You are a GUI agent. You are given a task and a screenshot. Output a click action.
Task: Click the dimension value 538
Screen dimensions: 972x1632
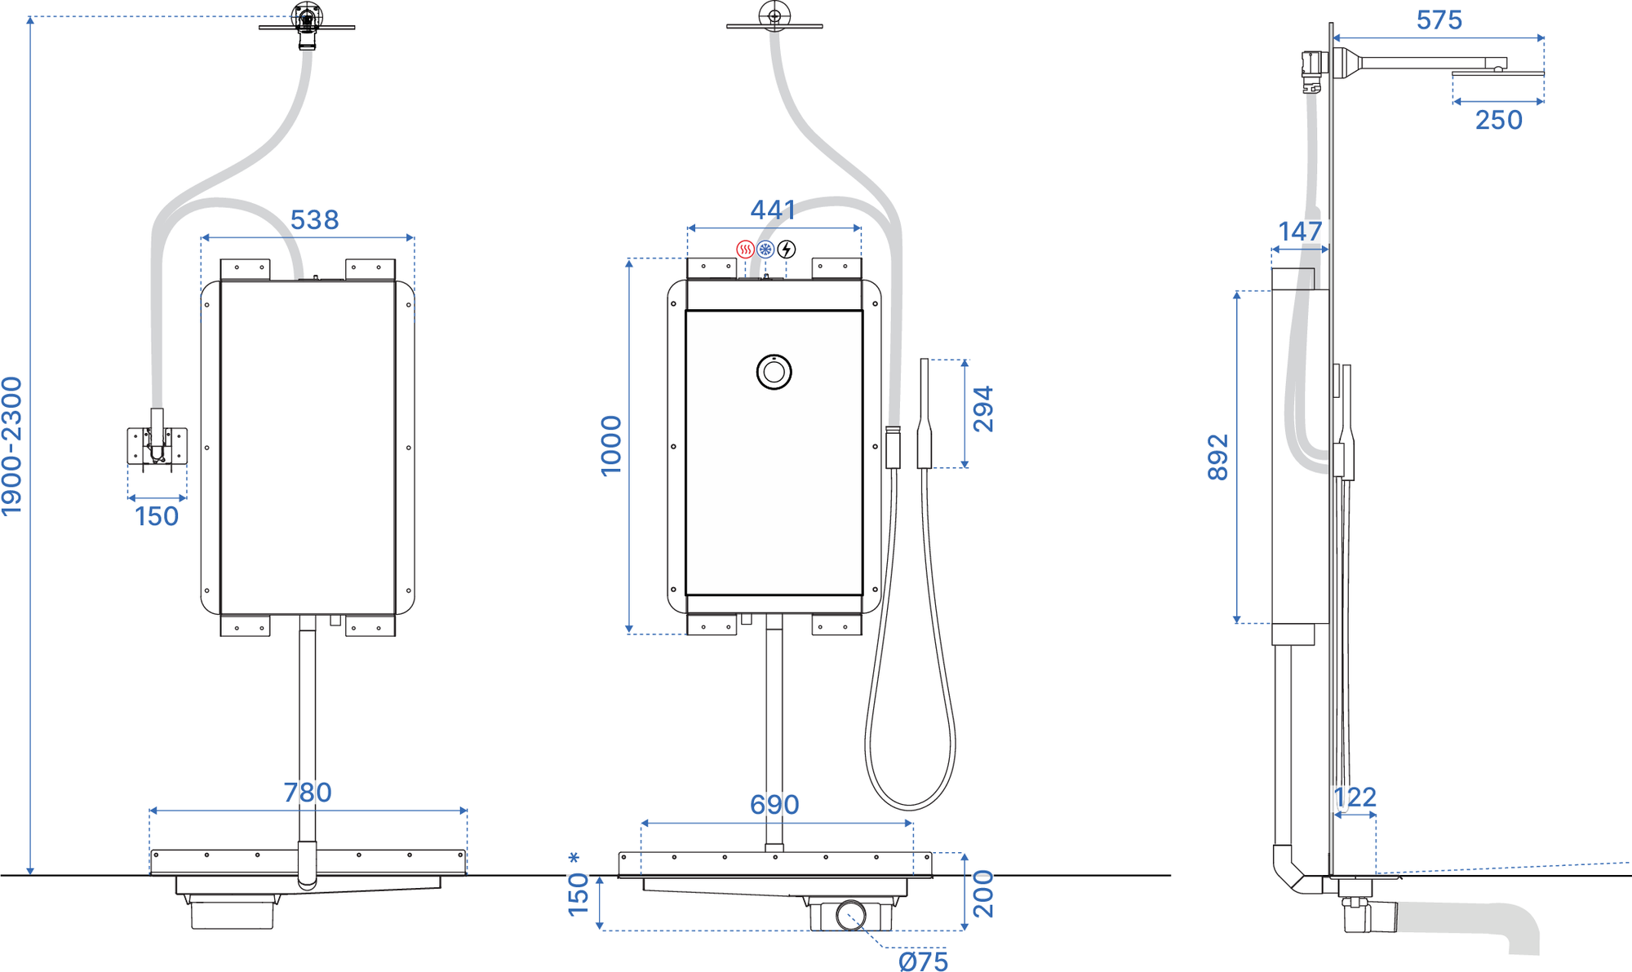pyautogui.click(x=314, y=220)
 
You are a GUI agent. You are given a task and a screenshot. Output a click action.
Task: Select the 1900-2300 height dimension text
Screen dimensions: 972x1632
pyautogui.click(x=11, y=446)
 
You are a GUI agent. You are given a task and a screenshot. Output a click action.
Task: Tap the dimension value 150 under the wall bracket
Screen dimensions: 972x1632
pyautogui.click(x=157, y=517)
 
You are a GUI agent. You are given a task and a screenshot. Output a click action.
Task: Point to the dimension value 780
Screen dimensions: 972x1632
pyautogui.click(x=308, y=793)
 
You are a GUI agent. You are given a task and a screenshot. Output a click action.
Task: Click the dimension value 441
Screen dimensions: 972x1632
pyautogui.click(x=773, y=210)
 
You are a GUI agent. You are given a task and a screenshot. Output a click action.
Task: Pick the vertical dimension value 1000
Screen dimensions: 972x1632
pyautogui.click(x=611, y=446)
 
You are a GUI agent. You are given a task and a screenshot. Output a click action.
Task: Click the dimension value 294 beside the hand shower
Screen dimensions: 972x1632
pyautogui.click(x=983, y=409)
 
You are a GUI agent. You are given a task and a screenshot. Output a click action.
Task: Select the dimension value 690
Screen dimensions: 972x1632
pyautogui.click(x=774, y=805)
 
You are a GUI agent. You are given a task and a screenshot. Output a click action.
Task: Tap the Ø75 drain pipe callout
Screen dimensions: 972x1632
pyautogui.click(x=924, y=961)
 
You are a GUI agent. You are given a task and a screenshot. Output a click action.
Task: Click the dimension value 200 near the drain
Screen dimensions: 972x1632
pyautogui.click(x=984, y=895)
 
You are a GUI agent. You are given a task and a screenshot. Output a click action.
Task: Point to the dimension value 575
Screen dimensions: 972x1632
pyautogui.click(x=1439, y=20)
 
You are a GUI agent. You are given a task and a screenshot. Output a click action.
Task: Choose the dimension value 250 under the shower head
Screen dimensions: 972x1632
pyautogui.click(x=1498, y=121)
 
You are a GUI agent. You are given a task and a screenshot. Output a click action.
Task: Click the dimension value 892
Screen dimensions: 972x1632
pyautogui.click(x=1217, y=457)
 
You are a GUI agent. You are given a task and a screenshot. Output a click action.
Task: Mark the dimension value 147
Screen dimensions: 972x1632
pyautogui.click(x=1300, y=232)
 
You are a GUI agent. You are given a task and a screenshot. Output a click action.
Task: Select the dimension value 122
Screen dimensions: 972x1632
pyautogui.click(x=1355, y=797)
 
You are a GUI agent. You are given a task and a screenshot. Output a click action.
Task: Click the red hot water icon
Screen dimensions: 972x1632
pyautogui.click(x=745, y=250)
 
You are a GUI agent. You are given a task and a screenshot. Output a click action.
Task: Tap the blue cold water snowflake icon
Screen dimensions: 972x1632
pyautogui.click(x=765, y=250)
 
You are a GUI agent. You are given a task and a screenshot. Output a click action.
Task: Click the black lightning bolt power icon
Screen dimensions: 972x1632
pyautogui.click(x=787, y=250)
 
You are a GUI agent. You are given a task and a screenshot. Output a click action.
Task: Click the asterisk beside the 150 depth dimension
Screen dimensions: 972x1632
pyautogui.click(x=574, y=859)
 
